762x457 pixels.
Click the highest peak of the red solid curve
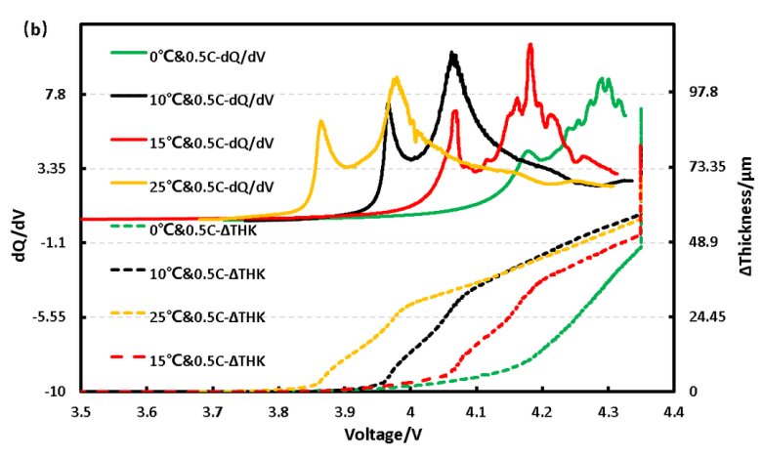pyautogui.click(x=529, y=45)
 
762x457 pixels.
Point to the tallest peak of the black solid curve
pyautogui.click(x=452, y=53)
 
